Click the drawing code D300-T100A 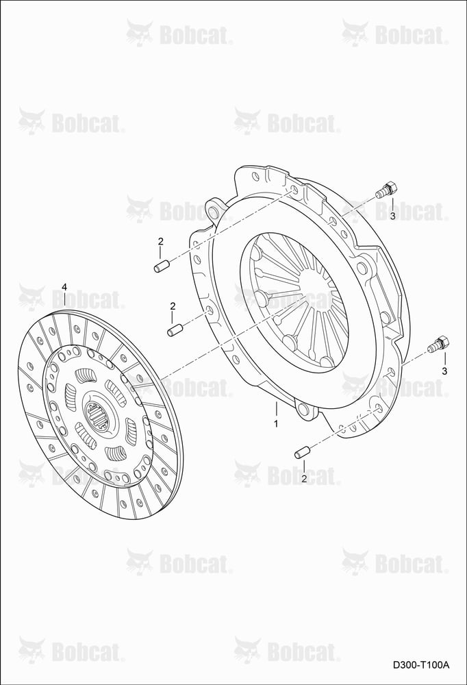point(420,665)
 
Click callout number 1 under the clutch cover point(276,423)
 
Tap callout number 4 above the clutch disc point(64,287)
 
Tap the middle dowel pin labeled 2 point(175,330)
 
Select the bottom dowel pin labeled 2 point(302,451)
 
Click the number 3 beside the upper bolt point(392,216)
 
